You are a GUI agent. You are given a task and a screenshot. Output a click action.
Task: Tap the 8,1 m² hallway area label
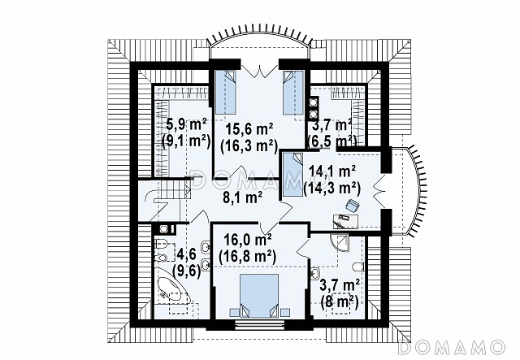pyautogui.click(x=242, y=196)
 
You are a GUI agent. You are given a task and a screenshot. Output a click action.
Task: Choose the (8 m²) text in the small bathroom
pyautogui.click(x=340, y=300)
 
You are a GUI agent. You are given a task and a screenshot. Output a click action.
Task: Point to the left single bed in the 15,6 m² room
pyautogui.click(x=227, y=92)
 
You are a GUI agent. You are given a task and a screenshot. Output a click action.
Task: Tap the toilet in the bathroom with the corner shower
pyautogui.click(x=357, y=269)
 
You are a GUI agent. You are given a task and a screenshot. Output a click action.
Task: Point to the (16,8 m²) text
pyautogui.click(x=246, y=256)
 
